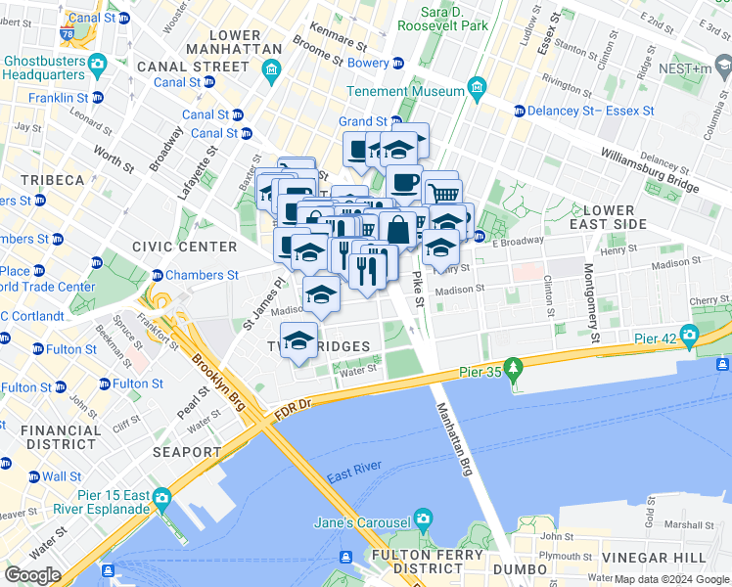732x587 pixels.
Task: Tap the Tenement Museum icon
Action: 477,90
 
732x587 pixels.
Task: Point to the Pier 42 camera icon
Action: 691,338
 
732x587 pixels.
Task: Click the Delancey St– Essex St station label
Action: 591,111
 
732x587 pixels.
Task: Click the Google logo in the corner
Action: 32,575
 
